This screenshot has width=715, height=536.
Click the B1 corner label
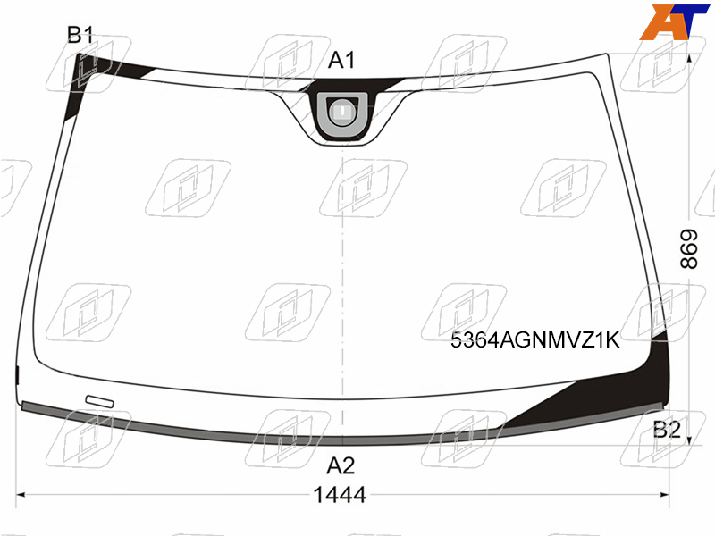(80, 35)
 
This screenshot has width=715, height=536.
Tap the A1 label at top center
(341, 60)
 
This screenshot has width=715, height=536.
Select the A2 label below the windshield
(341, 465)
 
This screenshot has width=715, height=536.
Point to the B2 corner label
(667, 430)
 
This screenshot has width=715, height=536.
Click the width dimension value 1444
(341, 495)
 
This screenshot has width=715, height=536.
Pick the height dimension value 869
(688, 249)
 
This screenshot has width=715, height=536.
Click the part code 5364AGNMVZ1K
(534, 340)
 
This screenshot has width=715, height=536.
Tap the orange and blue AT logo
(674, 21)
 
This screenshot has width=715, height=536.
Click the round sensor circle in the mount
(342, 112)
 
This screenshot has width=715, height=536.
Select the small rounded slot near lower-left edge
(100, 401)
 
